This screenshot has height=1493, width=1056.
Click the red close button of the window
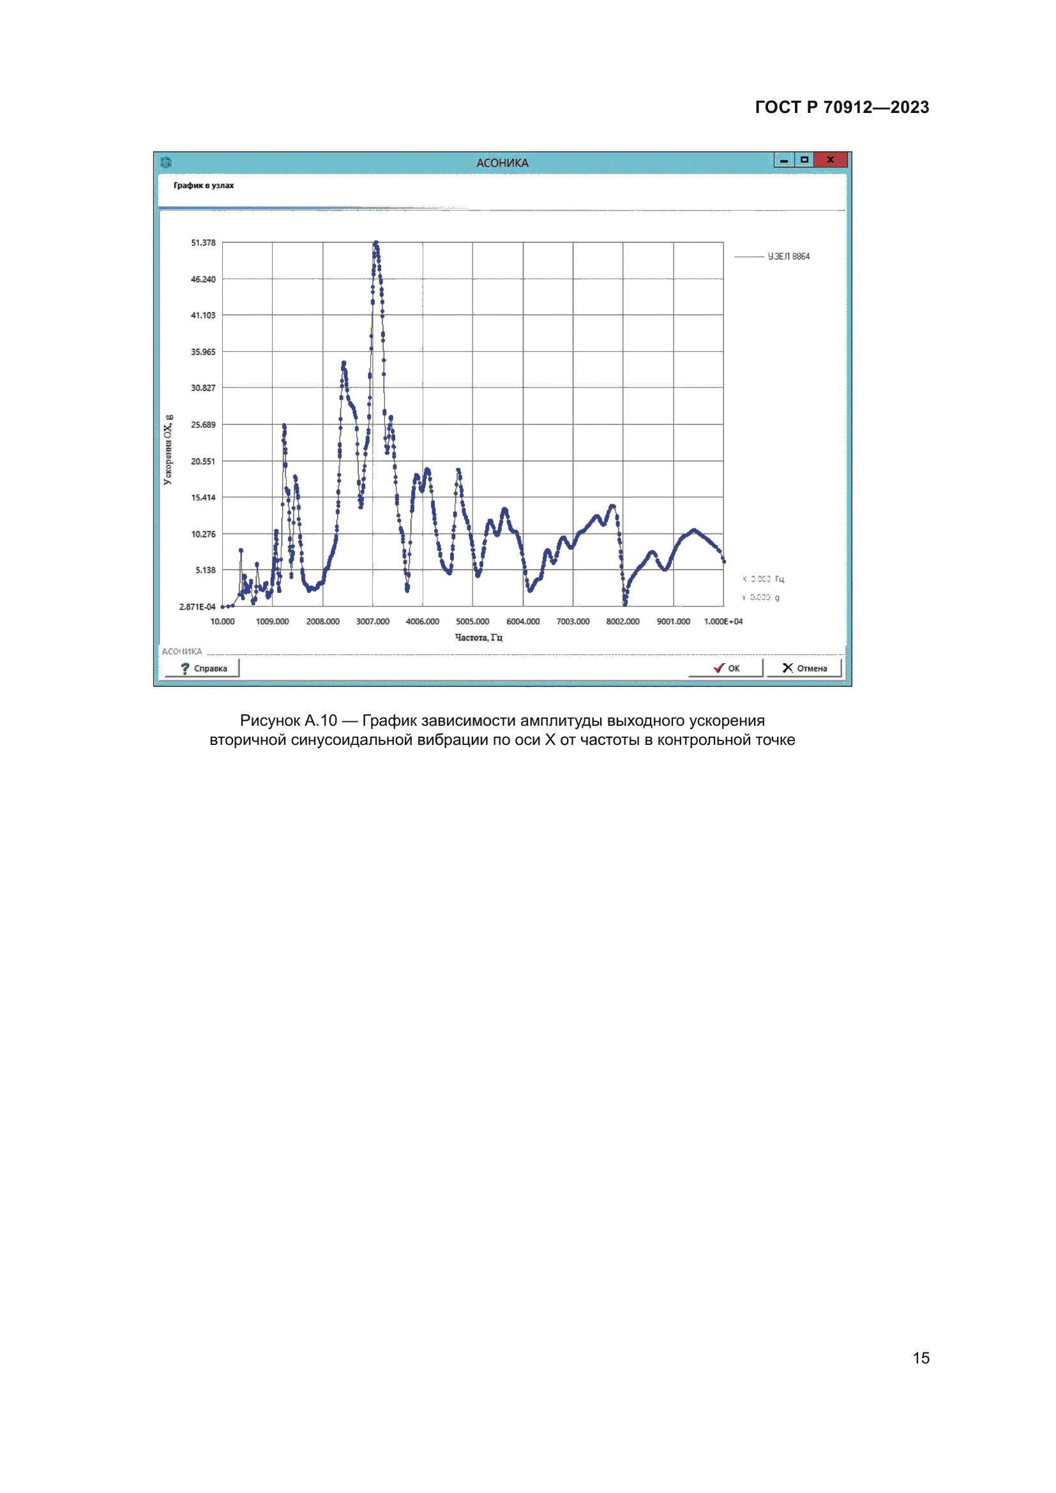point(831,160)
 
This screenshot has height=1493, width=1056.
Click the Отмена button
point(804,668)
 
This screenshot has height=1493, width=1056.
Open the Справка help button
point(203,668)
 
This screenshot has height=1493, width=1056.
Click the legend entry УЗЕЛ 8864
point(788,257)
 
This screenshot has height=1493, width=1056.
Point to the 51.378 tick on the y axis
point(203,243)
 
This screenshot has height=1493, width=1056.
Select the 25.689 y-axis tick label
point(203,424)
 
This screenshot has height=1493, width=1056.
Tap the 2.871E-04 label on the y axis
point(197,606)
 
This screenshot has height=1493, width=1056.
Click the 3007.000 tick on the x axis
point(373,622)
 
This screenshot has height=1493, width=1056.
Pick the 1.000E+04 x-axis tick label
point(723,622)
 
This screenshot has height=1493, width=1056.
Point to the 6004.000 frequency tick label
point(523,622)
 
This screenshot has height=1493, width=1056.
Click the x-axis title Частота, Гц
point(479,637)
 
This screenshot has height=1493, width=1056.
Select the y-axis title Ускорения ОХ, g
point(169,449)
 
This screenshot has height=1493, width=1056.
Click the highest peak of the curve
point(376,243)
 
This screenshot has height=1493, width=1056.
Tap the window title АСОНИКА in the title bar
point(502,163)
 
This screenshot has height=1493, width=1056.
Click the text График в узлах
point(204,186)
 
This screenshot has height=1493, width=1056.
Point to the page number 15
point(921,1358)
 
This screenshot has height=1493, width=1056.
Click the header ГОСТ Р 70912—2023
point(842,107)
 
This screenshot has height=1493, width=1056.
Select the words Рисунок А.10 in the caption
point(288,721)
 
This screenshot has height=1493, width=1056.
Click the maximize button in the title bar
point(804,160)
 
